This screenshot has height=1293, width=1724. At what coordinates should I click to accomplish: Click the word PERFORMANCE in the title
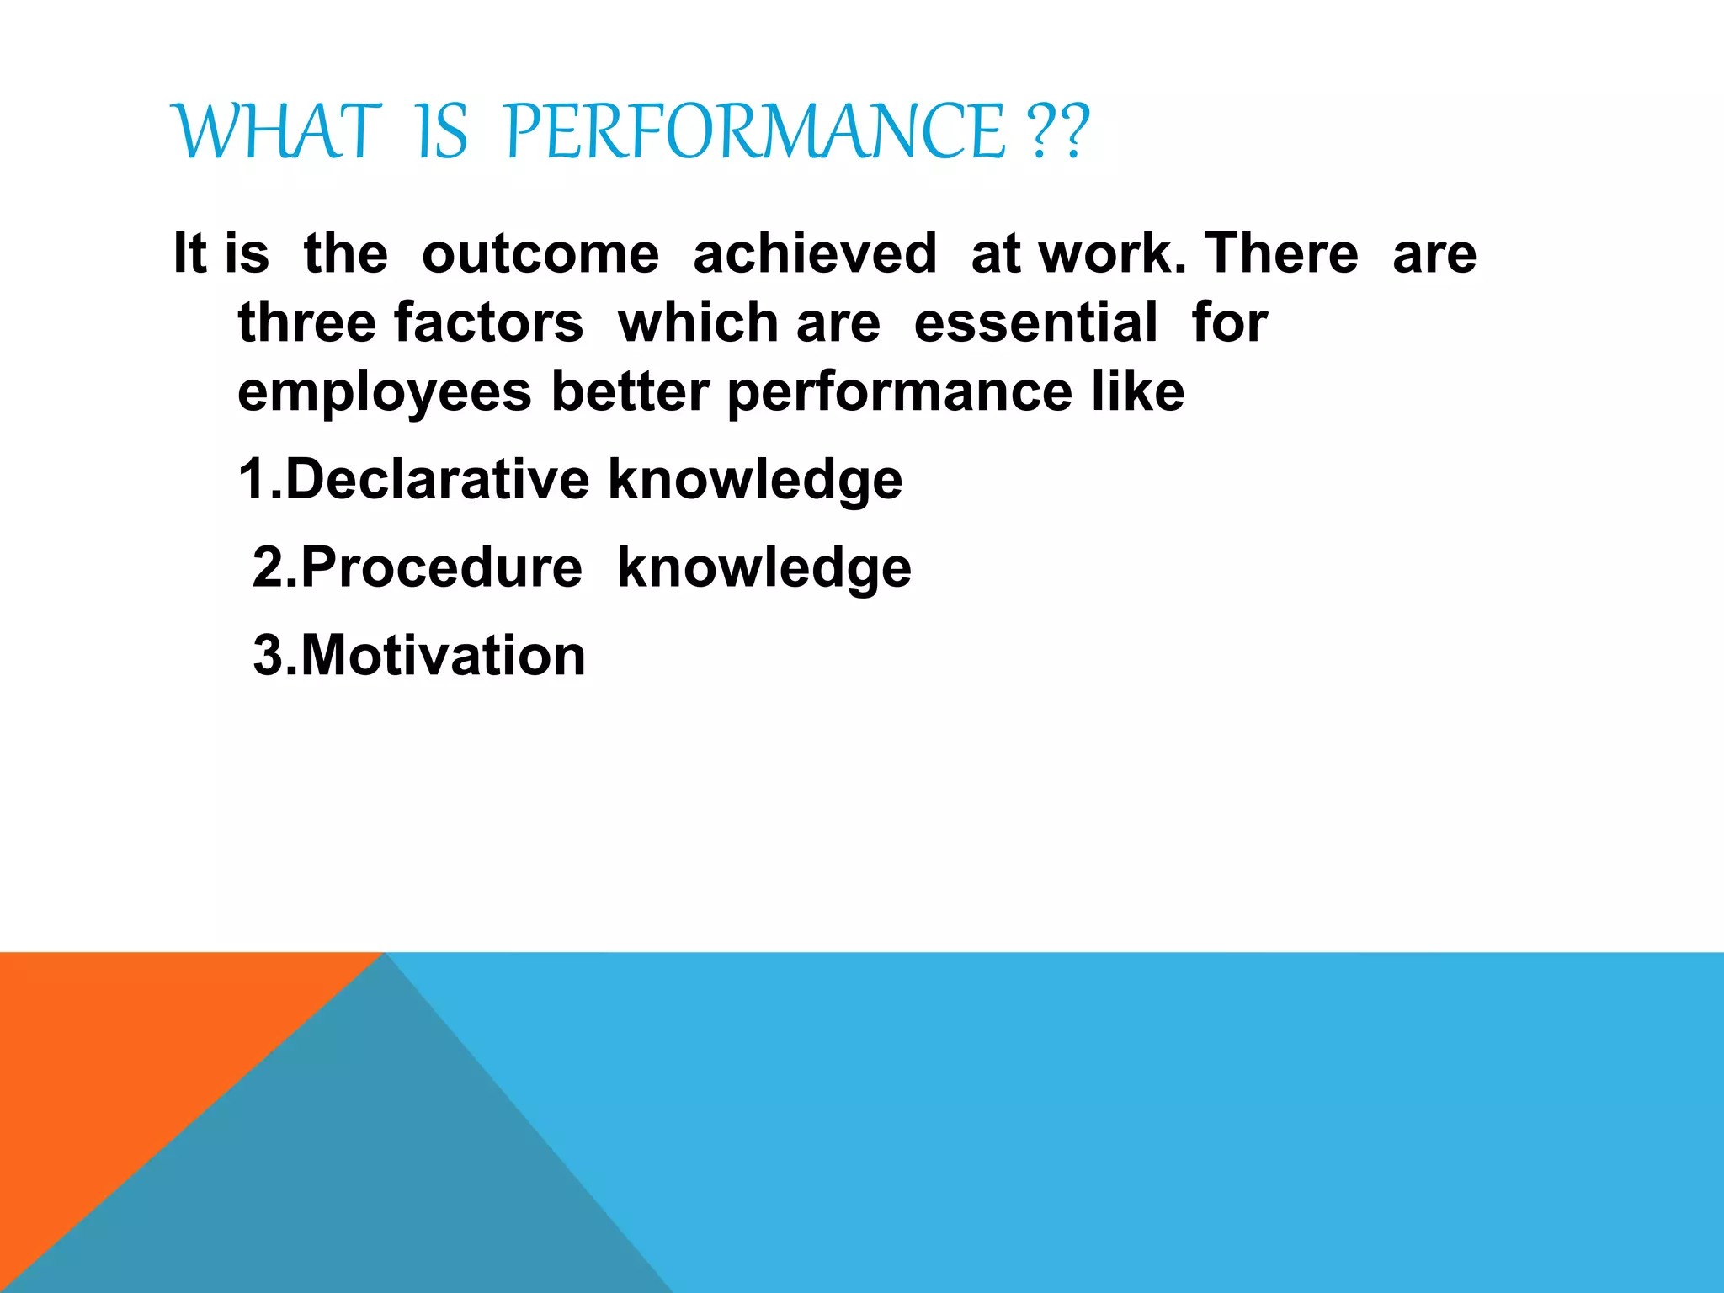click(x=755, y=131)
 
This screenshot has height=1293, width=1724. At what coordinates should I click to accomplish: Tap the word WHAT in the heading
click(x=277, y=131)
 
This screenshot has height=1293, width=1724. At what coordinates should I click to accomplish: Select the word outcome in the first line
click(x=540, y=253)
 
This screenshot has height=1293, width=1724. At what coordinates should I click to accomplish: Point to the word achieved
click(x=814, y=253)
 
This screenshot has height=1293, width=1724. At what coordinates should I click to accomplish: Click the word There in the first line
click(x=1280, y=253)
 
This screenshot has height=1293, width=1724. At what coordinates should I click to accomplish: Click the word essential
click(x=1035, y=322)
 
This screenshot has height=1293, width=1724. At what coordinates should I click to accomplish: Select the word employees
click(x=385, y=392)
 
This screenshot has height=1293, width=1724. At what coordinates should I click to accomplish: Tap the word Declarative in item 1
click(x=438, y=480)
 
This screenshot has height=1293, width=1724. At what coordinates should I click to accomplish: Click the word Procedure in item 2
click(x=441, y=567)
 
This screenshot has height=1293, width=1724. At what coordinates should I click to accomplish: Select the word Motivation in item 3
click(x=443, y=656)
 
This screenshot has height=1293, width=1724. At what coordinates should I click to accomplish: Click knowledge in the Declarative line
click(x=755, y=480)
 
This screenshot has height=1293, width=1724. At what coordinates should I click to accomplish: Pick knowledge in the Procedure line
click(x=764, y=567)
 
